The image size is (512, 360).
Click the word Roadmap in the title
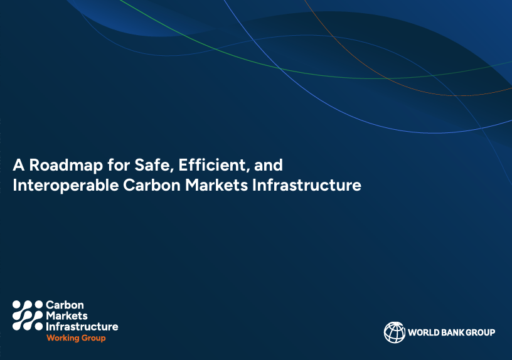66,166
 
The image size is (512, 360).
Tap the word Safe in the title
152,165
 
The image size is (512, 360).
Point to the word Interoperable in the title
66,186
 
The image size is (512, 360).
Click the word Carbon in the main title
152,185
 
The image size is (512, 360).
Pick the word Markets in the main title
216,185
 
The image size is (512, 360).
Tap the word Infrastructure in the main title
307,185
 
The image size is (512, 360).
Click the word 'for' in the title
119,165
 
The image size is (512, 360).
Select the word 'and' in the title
269,165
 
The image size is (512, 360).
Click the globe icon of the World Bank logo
395,332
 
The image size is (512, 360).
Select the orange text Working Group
76,338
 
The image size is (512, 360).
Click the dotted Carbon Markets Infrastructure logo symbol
28,315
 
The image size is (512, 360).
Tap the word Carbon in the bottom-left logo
65,305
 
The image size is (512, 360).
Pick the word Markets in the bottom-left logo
67,315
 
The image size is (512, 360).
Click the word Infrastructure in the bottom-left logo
82,326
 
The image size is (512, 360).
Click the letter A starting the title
19,165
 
